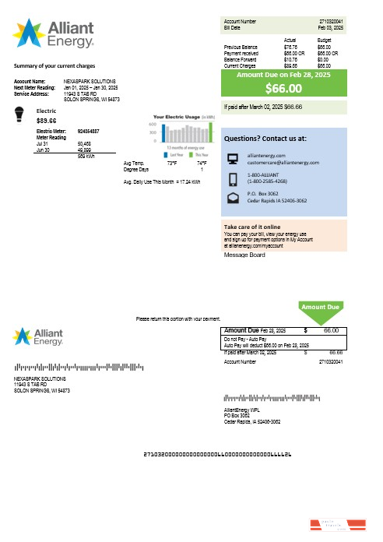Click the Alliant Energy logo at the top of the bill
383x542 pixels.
tap(54, 34)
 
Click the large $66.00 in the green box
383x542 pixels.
tap(283, 88)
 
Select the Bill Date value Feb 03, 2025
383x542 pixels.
tap(330, 27)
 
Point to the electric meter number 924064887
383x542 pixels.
tap(88, 132)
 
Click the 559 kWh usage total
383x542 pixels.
tap(86, 156)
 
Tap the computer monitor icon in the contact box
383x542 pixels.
tap(231, 160)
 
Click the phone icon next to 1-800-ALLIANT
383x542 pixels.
tap(231, 179)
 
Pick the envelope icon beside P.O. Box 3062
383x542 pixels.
tap(231, 198)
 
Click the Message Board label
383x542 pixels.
tap(244, 255)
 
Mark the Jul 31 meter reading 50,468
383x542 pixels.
tap(85, 144)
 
